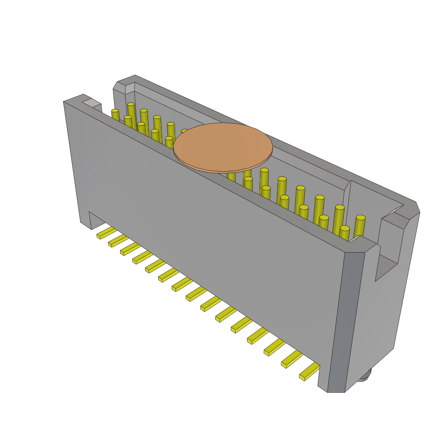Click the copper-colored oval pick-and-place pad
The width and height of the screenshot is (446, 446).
click(x=223, y=147)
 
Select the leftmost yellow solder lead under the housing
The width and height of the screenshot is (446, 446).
click(x=106, y=233)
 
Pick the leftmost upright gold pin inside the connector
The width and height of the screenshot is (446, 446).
click(x=115, y=115)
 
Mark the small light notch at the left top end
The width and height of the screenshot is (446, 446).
click(x=91, y=103)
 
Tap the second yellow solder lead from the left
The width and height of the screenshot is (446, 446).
click(x=118, y=241)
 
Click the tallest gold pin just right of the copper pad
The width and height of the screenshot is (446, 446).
click(x=264, y=179)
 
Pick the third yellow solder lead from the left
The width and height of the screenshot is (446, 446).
click(x=130, y=249)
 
